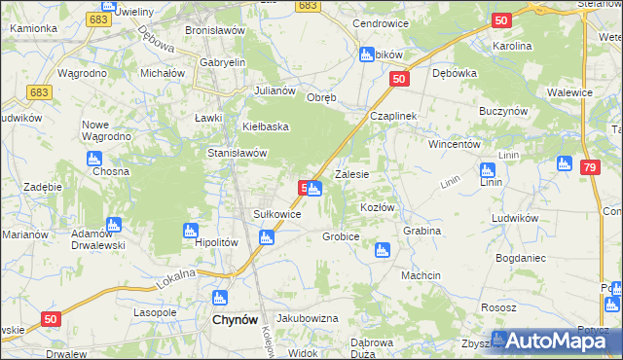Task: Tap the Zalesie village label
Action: [351, 175]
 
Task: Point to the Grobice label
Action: [342, 236]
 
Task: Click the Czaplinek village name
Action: [393, 116]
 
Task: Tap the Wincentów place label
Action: [456, 143]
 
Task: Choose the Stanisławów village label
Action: [238, 153]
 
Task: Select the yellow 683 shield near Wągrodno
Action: [39, 92]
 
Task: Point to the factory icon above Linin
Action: [489, 169]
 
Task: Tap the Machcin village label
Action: [421, 275]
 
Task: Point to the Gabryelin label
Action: [222, 62]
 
